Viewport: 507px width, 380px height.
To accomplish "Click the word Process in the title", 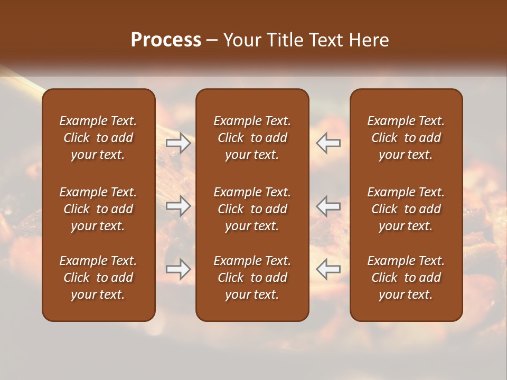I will [x=166, y=40].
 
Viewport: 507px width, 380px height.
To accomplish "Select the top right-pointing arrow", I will [x=178, y=143].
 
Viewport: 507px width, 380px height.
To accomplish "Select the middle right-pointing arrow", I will [x=178, y=205].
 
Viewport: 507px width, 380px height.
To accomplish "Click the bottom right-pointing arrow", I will [x=178, y=269].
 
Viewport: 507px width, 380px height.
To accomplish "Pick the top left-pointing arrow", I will [x=328, y=143].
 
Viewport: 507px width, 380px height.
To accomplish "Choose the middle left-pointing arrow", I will [x=328, y=205].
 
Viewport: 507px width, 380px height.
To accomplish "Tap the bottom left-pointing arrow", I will [x=328, y=269].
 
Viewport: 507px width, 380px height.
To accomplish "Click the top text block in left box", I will [x=98, y=138].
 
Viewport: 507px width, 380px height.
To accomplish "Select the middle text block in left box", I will [x=98, y=209].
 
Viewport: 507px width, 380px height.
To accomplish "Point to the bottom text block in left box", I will [x=98, y=278].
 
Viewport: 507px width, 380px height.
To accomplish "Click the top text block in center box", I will [x=252, y=138].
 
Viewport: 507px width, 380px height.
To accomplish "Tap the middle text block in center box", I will [x=252, y=209].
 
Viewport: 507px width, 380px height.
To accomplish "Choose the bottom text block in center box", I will [x=252, y=278].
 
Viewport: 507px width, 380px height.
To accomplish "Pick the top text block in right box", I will [x=406, y=138].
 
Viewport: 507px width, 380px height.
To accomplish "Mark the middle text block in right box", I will [x=406, y=209].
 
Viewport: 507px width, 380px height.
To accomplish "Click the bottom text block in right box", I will [x=406, y=278].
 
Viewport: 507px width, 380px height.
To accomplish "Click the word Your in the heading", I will [x=241, y=40].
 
